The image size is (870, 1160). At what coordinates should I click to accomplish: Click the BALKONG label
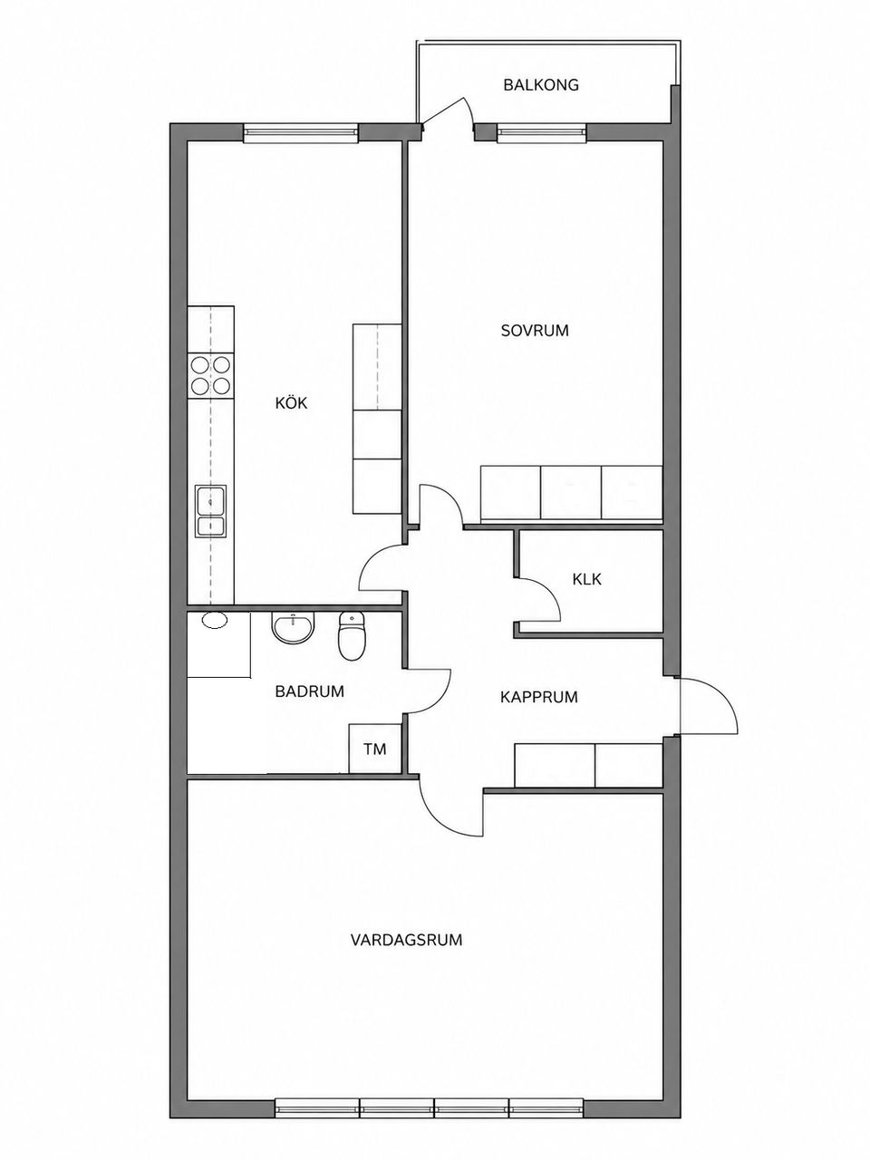coord(540,84)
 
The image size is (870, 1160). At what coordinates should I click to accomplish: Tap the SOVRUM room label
coord(535,331)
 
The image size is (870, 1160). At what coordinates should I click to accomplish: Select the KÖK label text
coord(291,402)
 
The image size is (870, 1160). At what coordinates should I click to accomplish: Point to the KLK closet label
coord(586,579)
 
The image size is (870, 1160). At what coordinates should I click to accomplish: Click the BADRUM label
coord(310,691)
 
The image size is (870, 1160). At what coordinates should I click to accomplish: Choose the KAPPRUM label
coord(539,697)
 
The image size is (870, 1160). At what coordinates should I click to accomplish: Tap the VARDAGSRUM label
coord(406,940)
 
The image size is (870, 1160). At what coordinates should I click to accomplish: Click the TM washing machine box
coord(375,749)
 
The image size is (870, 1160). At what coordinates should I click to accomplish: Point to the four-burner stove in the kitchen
coord(211,376)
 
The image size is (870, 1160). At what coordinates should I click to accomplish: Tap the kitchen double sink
coord(211,511)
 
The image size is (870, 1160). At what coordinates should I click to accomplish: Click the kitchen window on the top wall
coord(301,132)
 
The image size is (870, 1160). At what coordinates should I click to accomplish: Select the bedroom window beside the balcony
coord(541,132)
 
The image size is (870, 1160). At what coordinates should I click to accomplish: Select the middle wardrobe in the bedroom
coord(571,492)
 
